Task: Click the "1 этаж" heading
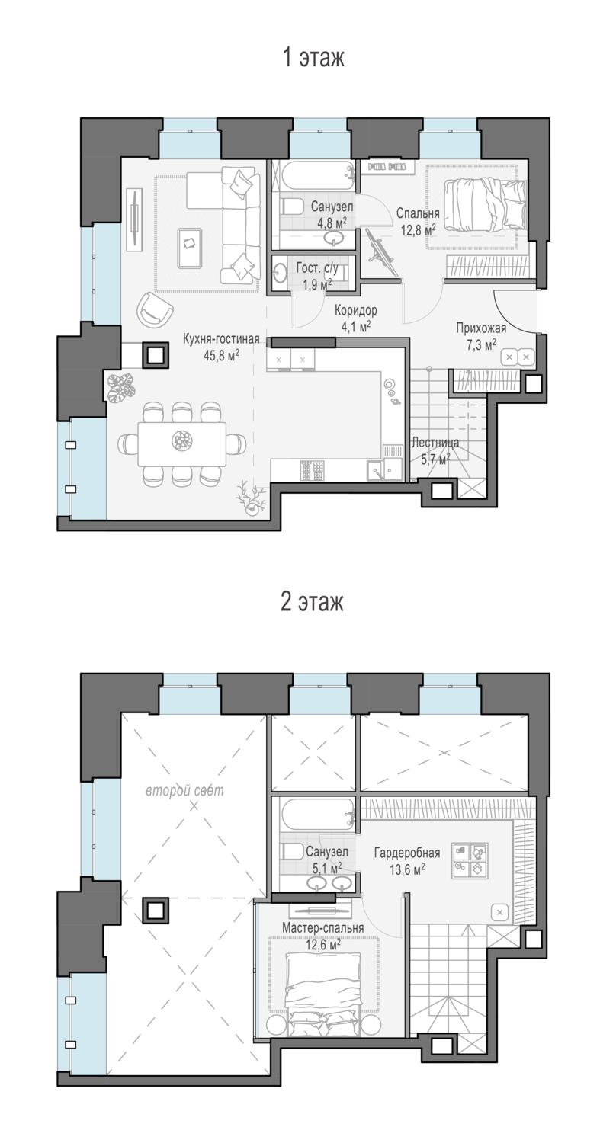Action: click(x=313, y=57)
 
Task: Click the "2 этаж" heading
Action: click(x=312, y=602)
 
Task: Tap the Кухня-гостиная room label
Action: click(x=222, y=338)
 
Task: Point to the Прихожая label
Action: click(x=481, y=328)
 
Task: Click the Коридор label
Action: click(x=356, y=309)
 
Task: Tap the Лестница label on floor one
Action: click(x=435, y=443)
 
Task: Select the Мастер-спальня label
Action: click(x=323, y=927)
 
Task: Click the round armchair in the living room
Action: click(x=156, y=309)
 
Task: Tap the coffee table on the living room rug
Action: click(x=189, y=248)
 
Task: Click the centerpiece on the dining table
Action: click(x=181, y=440)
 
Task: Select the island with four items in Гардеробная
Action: click(x=470, y=861)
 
